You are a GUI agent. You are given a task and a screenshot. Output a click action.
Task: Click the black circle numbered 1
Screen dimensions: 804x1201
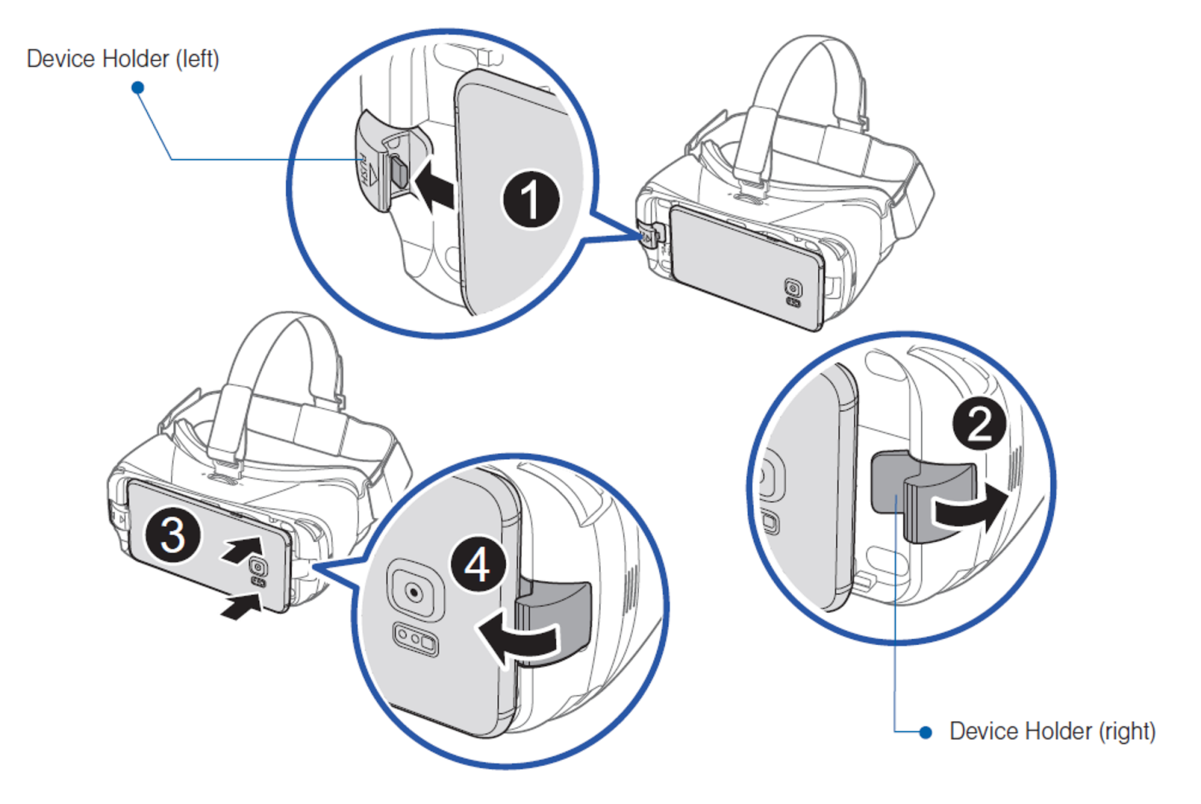pos(531,199)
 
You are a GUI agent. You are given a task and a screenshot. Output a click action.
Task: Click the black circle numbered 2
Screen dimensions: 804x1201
pos(979,425)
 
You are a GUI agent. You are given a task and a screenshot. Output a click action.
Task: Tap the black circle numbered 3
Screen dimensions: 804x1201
pos(173,535)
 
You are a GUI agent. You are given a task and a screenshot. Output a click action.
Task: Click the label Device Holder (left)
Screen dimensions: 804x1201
pos(122,59)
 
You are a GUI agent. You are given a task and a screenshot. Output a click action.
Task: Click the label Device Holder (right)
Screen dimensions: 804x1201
pos(1052,730)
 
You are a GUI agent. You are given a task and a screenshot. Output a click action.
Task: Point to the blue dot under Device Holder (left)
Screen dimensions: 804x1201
pos(137,88)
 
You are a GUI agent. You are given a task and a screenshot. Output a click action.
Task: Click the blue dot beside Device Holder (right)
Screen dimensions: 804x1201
pos(926,731)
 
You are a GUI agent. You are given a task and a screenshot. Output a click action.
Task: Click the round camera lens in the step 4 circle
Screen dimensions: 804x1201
pos(414,593)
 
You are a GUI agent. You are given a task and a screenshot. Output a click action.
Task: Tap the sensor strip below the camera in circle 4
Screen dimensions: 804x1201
pos(416,640)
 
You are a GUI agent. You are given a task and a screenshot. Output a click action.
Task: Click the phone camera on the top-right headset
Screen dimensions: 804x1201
pos(793,288)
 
